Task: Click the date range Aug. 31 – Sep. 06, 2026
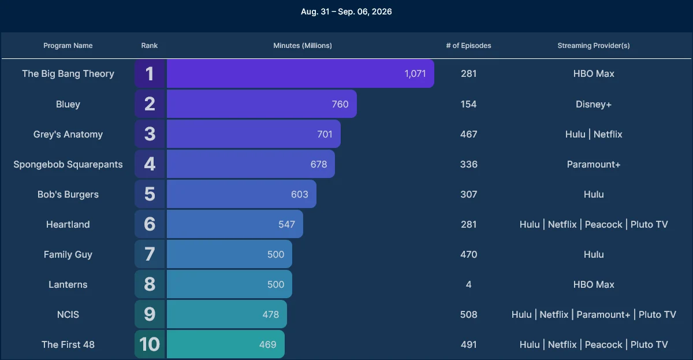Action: tap(346, 12)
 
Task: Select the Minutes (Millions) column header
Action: tap(302, 46)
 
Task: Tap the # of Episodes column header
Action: tap(468, 46)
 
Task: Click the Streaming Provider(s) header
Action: tap(594, 46)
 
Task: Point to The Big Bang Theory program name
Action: tap(68, 73)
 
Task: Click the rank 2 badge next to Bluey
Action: tap(150, 103)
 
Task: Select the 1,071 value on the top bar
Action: tap(415, 73)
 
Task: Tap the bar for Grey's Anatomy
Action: tap(254, 133)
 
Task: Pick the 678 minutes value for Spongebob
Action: tap(319, 164)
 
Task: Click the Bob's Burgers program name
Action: tap(68, 194)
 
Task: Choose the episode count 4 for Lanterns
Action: tap(468, 284)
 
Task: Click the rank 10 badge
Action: tap(150, 344)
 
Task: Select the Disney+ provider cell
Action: tap(594, 104)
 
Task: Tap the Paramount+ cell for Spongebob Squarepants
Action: tap(594, 164)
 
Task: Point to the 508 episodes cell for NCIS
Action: tap(468, 314)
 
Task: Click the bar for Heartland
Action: tap(235, 224)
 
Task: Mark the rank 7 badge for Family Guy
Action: tap(150, 254)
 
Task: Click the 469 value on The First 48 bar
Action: tap(267, 344)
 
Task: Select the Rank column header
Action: tap(150, 46)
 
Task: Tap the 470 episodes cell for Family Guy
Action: tap(468, 254)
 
